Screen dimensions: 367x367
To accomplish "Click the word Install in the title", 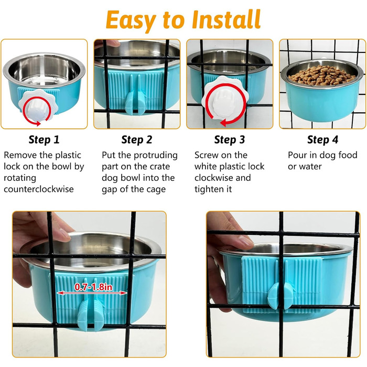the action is [x=226, y=20].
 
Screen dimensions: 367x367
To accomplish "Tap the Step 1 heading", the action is [x=44, y=140].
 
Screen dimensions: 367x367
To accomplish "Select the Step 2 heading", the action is [x=137, y=140].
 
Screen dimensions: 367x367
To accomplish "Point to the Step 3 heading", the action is [x=230, y=140].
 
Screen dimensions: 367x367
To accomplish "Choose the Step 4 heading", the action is [x=323, y=140].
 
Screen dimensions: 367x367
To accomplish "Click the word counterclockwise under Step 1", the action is [x=39, y=189].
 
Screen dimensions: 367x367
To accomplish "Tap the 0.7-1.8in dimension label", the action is [x=93, y=287].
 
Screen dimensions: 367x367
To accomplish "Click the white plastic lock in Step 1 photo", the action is [x=38, y=105].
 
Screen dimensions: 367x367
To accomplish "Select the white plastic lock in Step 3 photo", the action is [x=225, y=99].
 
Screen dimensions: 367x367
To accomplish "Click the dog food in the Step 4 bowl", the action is [x=322, y=75].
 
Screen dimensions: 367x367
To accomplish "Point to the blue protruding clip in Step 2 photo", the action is [x=135, y=103].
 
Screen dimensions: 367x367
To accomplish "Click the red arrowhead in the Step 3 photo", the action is [x=223, y=122].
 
